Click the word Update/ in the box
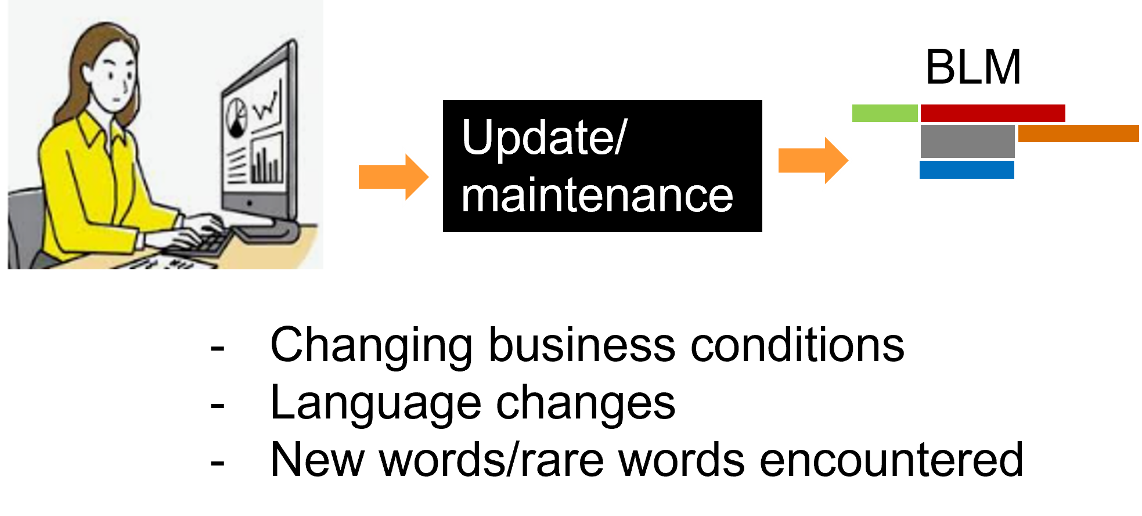[x=543, y=138]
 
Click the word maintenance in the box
[x=597, y=196]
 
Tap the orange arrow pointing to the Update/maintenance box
[x=394, y=177]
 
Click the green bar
[x=884, y=113]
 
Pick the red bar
[x=993, y=113]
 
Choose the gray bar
[x=967, y=141]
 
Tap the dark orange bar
[x=1079, y=133]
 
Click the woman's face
[x=116, y=81]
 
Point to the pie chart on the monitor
[x=236, y=117]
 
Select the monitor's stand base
[x=267, y=230]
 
